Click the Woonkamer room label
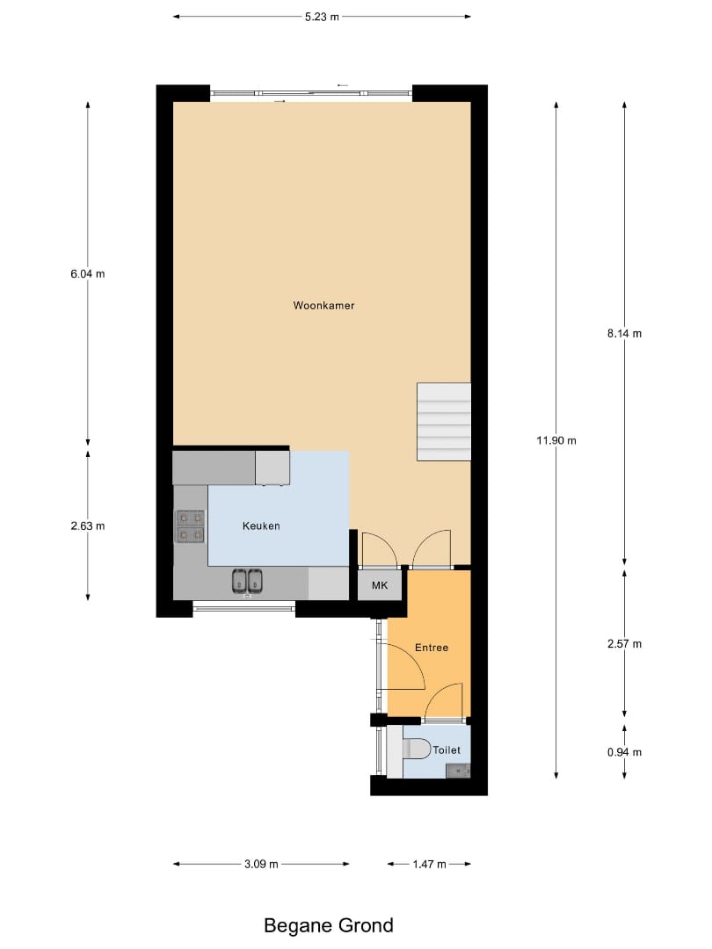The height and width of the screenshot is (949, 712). (x=323, y=306)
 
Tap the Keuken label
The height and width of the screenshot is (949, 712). (x=261, y=525)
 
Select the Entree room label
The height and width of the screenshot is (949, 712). (x=431, y=648)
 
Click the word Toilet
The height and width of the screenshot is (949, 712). (x=447, y=750)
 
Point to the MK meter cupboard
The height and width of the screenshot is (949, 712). (x=380, y=586)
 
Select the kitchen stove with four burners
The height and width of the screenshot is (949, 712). (x=191, y=525)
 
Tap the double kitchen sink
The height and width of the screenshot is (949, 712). (x=248, y=580)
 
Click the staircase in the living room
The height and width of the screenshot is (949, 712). (x=444, y=422)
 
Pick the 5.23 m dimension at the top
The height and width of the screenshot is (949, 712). (x=322, y=17)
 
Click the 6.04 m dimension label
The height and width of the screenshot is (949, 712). (x=87, y=273)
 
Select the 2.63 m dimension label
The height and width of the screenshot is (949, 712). (x=87, y=526)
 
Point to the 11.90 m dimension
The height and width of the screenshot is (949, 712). (x=556, y=440)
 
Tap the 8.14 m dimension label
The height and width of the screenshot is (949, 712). (x=624, y=333)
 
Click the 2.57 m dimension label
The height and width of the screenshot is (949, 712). (x=624, y=643)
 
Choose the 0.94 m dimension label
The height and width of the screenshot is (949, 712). (x=624, y=751)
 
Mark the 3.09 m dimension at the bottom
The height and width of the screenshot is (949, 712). (x=261, y=864)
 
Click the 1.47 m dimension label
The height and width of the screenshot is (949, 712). (x=429, y=864)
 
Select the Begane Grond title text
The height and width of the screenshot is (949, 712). (x=329, y=925)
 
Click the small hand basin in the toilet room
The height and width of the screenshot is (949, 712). (x=458, y=772)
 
